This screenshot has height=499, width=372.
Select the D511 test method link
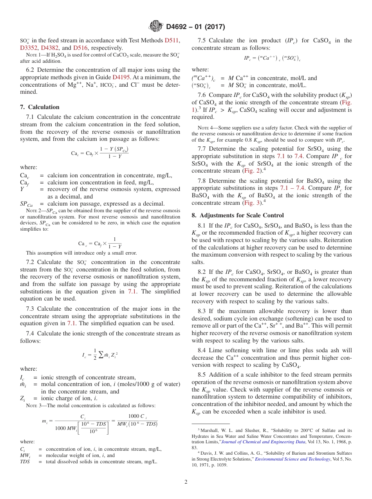[172, 40]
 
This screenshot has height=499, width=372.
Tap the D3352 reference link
[29, 48]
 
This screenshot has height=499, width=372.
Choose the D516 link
[80, 48]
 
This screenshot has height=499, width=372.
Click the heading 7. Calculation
[40, 107]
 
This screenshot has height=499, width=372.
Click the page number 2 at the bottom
[186, 482]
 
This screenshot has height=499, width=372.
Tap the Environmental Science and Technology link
[293, 459]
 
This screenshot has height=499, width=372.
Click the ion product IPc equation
[272, 58]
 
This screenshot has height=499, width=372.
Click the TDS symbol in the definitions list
[25, 462]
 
